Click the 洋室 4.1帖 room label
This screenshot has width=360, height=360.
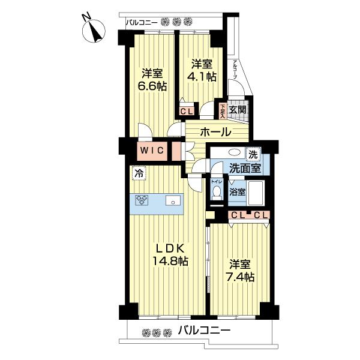click(202, 70)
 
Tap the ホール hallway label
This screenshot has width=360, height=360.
click(212, 132)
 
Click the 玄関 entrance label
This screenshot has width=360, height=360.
click(238, 110)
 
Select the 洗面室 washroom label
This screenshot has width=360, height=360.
click(247, 169)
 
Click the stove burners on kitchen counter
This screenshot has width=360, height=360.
click(142, 201)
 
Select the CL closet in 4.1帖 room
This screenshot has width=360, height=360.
click(187, 110)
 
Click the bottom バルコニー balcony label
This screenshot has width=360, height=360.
click(204, 331)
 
